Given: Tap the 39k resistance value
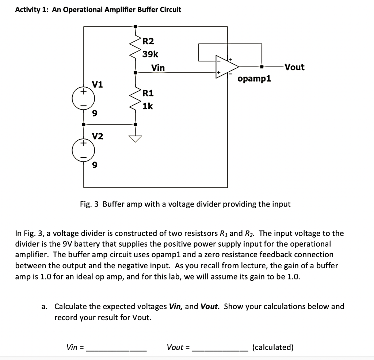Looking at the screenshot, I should click(x=150, y=54).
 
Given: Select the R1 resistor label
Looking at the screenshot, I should click(x=148, y=93).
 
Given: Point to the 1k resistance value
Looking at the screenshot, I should click(x=148, y=106).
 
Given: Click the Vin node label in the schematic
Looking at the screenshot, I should click(x=158, y=68).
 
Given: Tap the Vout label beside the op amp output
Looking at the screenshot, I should click(x=294, y=67).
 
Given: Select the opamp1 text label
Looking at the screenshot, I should click(x=254, y=79).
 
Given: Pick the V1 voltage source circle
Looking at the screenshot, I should click(x=84, y=98).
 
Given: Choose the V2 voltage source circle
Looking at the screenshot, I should click(x=84, y=150).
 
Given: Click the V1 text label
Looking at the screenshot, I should click(x=98, y=84).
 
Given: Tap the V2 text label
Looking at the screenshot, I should click(x=98, y=136).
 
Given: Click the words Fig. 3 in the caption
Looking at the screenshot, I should click(x=89, y=204).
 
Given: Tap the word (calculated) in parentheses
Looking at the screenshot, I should click(x=273, y=347).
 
